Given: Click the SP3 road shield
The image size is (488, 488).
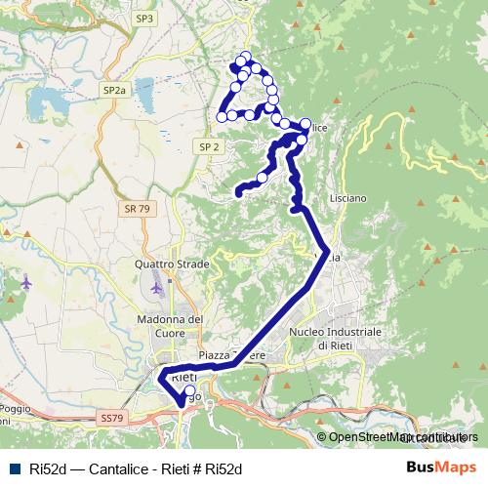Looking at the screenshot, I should [x=145, y=18].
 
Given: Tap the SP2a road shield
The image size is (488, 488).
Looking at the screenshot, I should [x=114, y=90].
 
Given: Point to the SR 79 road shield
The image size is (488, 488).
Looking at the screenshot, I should [x=138, y=209].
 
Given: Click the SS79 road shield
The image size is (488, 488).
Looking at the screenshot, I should [x=114, y=418].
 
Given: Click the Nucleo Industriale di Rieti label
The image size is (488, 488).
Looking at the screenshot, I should [x=336, y=339].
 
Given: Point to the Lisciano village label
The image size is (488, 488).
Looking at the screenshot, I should [x=348, y=198].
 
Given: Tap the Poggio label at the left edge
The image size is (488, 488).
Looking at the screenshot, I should [x=17, y=409].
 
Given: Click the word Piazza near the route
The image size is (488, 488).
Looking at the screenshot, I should [x=216, y=356].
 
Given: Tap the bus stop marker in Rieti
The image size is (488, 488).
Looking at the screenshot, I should [x=189, y=392].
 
